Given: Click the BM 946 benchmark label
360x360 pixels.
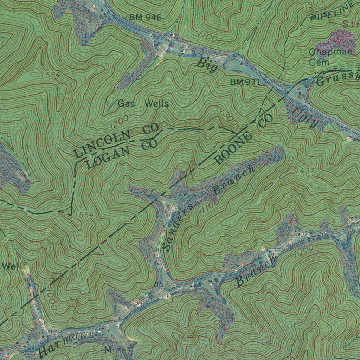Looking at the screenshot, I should point(145,18).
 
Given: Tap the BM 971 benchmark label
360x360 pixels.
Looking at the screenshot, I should point(245,82).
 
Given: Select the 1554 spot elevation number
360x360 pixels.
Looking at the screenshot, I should point(83,215).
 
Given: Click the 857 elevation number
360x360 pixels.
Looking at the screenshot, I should point(161,283).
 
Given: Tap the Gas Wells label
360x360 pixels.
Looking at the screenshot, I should point(143,104).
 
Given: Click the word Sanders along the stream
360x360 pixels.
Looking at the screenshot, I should point(178,227).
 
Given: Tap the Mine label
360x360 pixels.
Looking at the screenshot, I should point(115,350).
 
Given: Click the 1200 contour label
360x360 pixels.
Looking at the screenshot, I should point(118,122).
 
